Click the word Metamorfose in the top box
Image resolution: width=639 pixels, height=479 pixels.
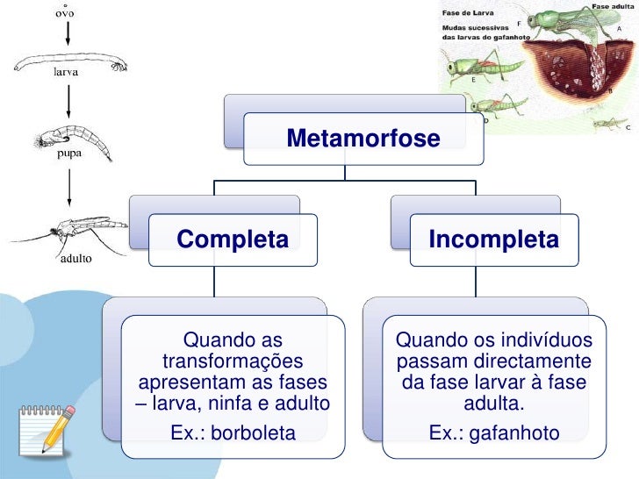pos(363,138)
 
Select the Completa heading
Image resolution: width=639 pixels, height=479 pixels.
pos(233,239)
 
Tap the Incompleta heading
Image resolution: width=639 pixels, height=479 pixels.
pos(493,239)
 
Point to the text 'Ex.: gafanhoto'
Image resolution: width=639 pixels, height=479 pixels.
pos(493,433)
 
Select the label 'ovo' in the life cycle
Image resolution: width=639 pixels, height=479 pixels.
pos(61,14)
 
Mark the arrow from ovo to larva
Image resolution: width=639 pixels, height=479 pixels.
pos(67,35)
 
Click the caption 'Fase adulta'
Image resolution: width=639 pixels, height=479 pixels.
pos(614,5)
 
